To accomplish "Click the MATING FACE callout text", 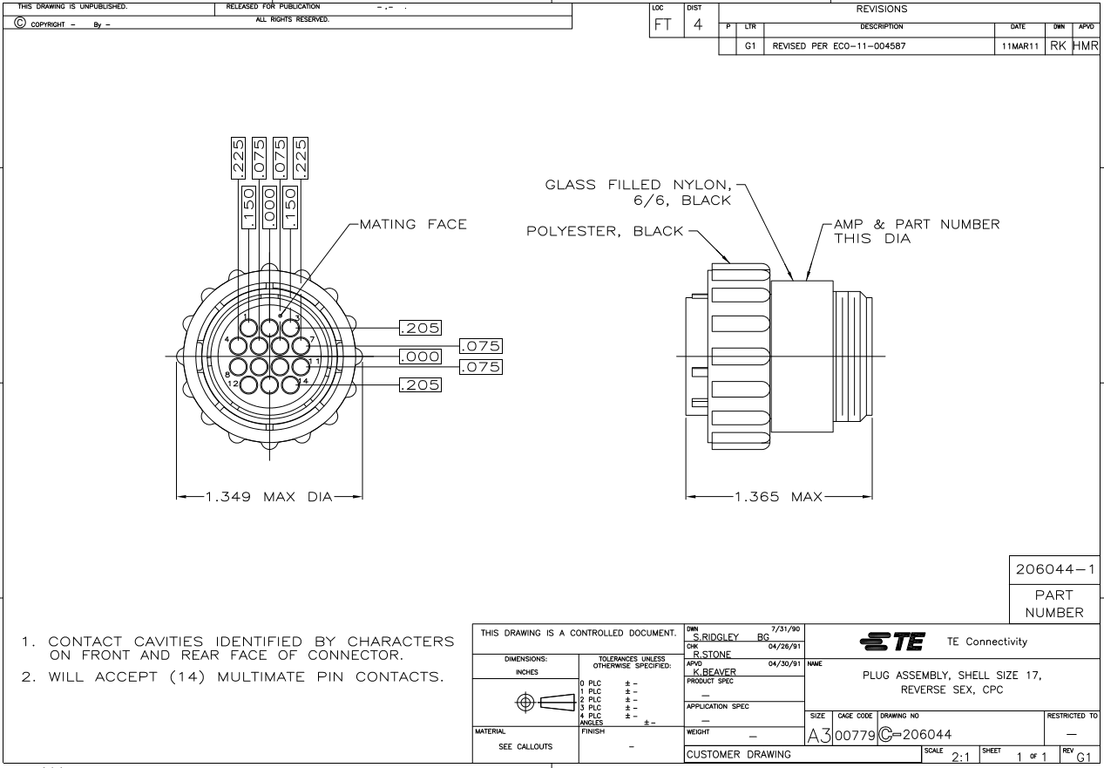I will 410,226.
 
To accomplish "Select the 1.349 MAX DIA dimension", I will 269,498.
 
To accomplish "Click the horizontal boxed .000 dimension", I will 418,357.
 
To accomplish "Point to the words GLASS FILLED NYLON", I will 640,184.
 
